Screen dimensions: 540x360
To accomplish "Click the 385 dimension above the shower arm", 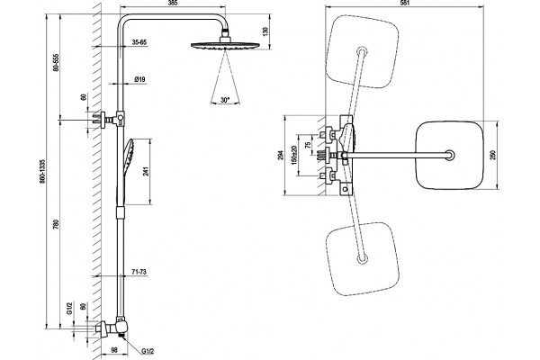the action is [174, 3].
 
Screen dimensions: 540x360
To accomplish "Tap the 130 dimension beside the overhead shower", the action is [265, 31].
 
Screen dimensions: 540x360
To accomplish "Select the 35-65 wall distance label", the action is [139, 42].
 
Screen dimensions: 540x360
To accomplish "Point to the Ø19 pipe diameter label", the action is [139, 79].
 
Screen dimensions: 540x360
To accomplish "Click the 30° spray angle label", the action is [225, 100].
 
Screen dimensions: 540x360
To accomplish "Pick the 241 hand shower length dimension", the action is [146, 171].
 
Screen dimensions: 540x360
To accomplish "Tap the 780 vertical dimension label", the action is [57, 224].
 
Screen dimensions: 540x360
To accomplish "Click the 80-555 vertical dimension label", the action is [57, 62].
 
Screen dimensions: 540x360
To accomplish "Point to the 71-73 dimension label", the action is [139, 272].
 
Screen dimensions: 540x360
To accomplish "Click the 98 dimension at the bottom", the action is [114, 350].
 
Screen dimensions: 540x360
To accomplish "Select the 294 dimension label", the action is [281, 156].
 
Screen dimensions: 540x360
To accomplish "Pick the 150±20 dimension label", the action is [293, 155].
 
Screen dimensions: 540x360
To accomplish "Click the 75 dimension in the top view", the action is [308, 141].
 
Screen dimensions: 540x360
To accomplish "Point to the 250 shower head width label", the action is [493, 156].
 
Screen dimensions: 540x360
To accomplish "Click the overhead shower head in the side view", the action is [225, 45].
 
